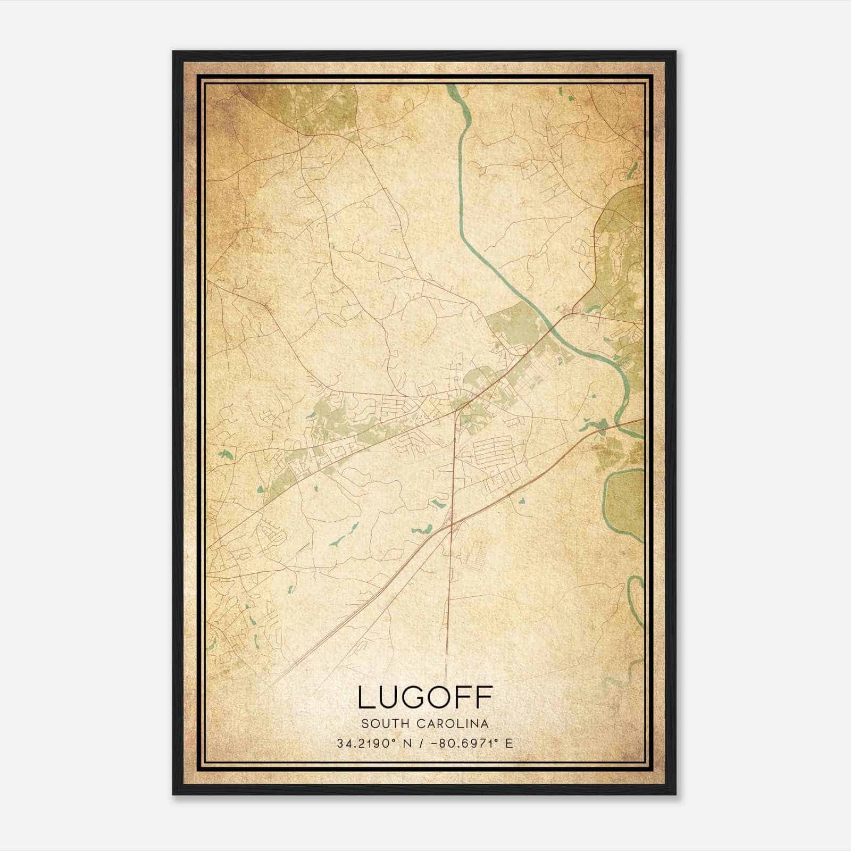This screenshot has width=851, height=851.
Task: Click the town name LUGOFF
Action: pos(425,697)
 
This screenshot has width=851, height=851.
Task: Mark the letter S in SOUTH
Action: pos(365,723)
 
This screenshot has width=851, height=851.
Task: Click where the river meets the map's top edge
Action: pos(452,86)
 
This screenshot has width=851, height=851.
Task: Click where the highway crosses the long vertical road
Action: pos(451,525)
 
